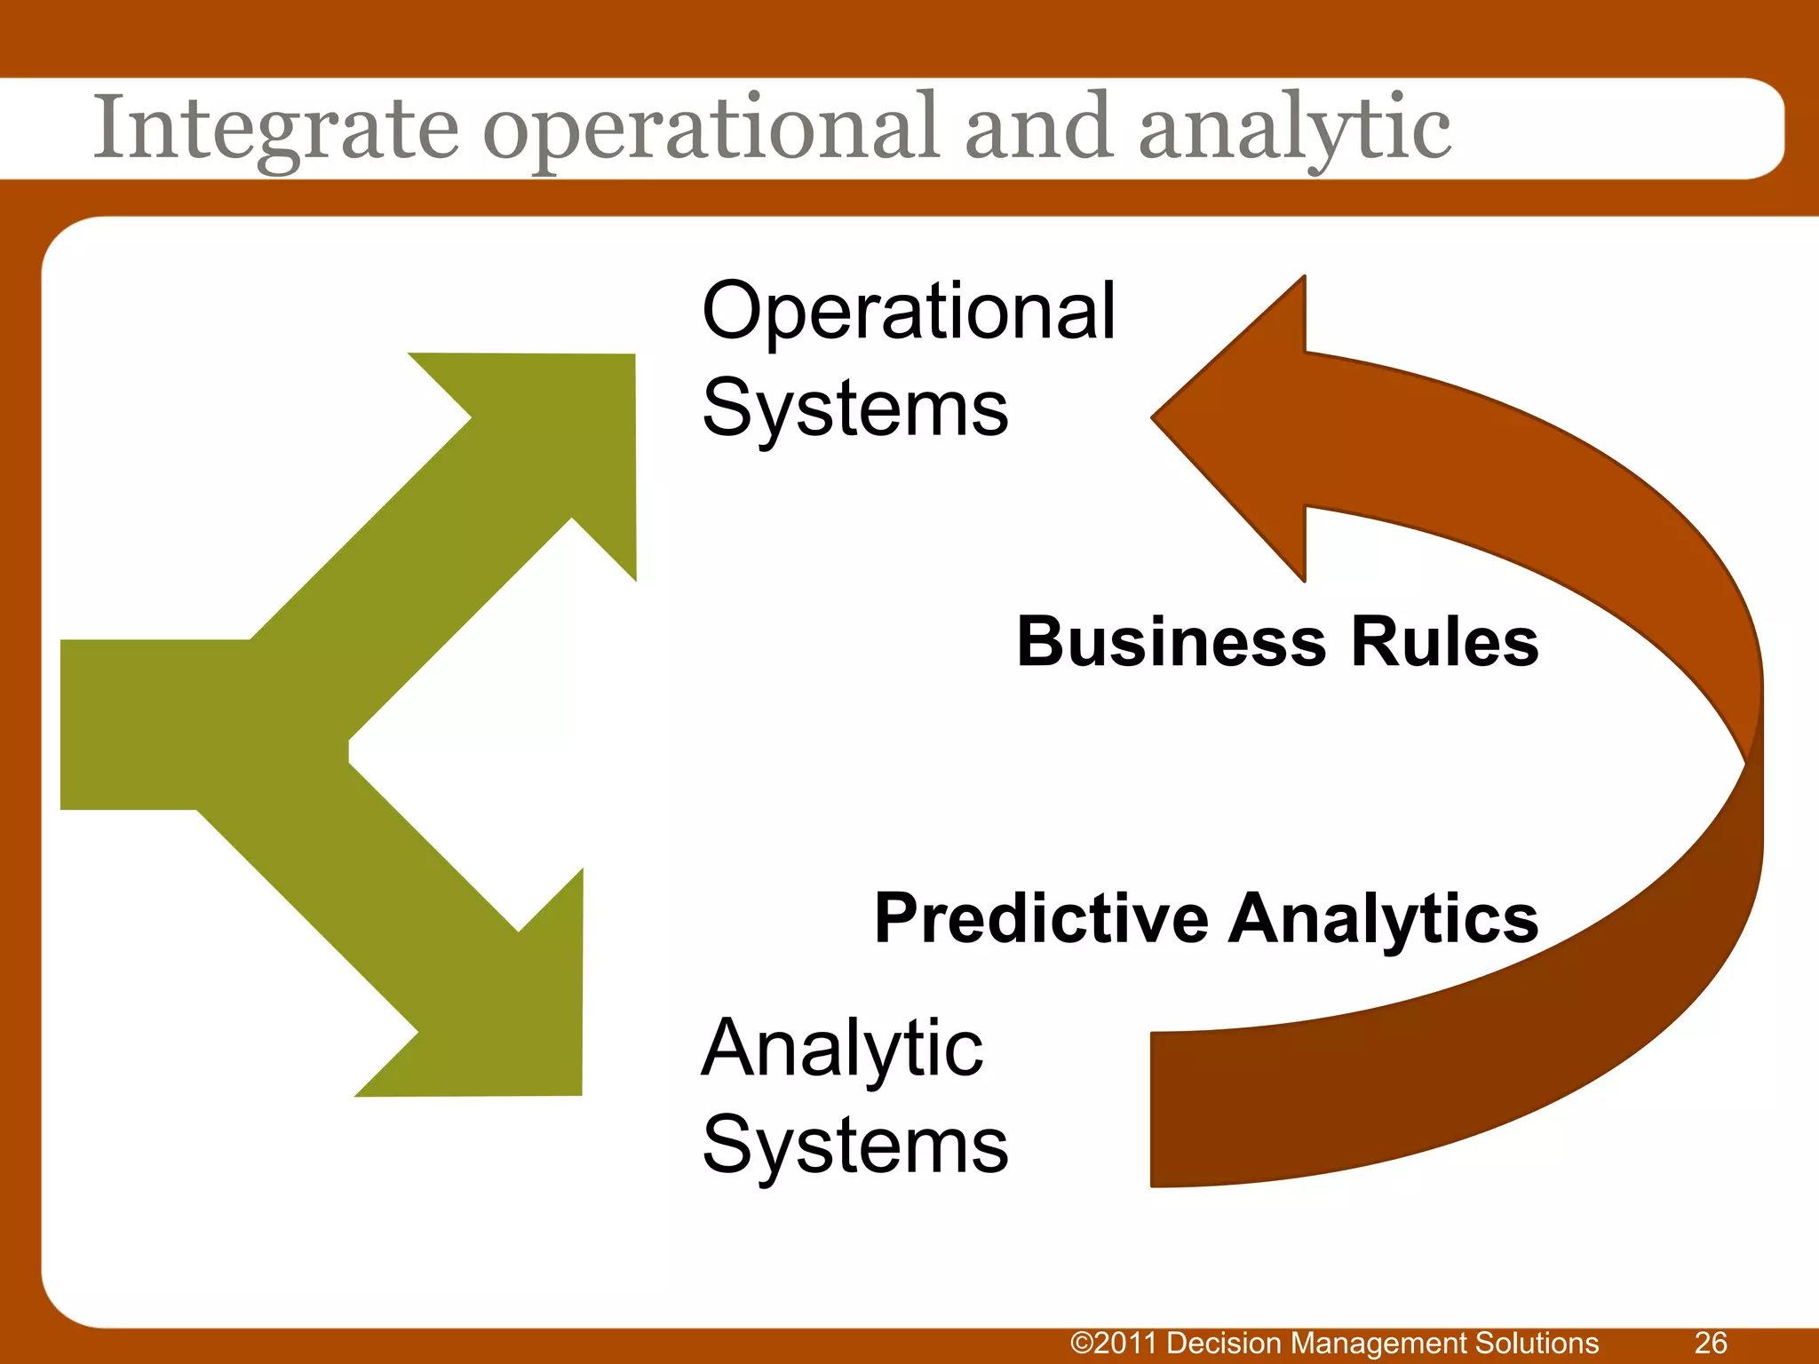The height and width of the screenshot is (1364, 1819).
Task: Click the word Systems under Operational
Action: tap(854, 408)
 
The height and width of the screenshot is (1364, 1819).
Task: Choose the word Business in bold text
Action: tap(1171, 641)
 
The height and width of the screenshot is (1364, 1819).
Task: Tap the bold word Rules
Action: tap(1445, 641)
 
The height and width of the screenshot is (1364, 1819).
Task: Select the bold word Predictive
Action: tap(1040, 918)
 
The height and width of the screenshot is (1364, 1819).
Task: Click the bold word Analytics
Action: tap(1383, 918)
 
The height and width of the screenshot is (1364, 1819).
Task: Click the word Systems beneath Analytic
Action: tap(854, 1146)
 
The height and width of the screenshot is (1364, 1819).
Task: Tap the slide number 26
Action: tap(1711, 1343)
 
